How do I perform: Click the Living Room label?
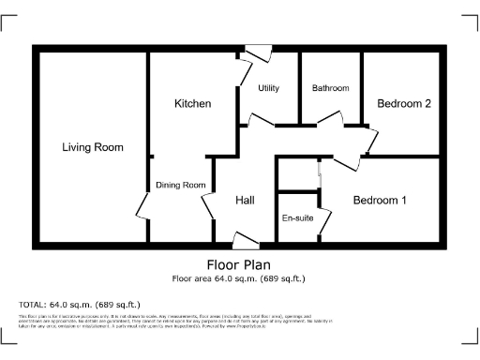[93, 147]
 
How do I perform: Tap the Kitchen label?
[192, 103]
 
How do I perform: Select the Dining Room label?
[180, 185]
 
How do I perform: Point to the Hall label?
[245, 200]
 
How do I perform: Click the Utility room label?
[269, 88]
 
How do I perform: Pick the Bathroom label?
[330, 88]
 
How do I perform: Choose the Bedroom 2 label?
[403, 104]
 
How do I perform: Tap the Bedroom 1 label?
[379, 200]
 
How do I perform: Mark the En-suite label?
[296, 218]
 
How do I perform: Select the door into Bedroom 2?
[372, 141]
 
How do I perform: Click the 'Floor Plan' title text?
[238, 264]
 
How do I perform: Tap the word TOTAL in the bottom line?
[33, 305]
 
